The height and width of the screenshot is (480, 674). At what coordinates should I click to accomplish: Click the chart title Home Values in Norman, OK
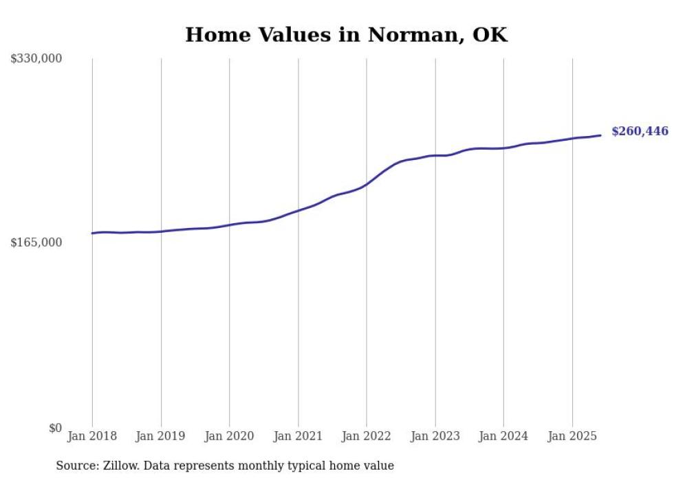click(x=346, y=35)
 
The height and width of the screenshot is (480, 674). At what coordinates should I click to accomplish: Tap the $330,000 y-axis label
click(x=36, y=59)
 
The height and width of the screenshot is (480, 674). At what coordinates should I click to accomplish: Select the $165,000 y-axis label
click(x=36, y=242)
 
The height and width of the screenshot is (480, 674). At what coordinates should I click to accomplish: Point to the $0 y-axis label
click(x=56, y=428)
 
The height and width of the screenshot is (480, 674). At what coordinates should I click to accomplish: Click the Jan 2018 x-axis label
click(x=92, y=436)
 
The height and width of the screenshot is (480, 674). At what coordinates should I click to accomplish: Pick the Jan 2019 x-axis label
click(x=161, y=436)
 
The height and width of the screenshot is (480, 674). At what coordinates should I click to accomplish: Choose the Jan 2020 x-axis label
click(x=230, y=436)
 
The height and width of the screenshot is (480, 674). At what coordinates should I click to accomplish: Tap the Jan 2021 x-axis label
click(x=298, y=436)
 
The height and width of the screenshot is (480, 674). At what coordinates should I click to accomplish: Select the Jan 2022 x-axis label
click(x=367, y=436)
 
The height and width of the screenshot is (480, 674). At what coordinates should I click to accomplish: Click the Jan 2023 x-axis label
click(x=435, y=436)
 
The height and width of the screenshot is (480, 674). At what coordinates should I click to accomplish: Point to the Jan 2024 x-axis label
click(x=503, y=436)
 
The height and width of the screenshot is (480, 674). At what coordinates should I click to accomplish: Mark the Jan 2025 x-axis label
click(x=572, y=436)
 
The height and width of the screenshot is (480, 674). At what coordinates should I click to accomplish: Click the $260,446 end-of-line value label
click(x=640, y=131)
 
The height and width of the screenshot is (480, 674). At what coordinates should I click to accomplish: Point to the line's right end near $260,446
click(x=600, y=135)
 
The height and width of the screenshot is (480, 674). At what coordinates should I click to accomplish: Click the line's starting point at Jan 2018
click(x=92, y=233)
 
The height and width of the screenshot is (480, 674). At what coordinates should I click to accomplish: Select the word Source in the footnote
click(x=76, y=466)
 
